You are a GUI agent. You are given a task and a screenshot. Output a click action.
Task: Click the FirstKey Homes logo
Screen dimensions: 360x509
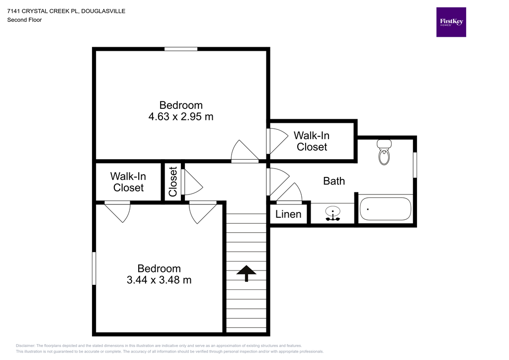pos(451,22)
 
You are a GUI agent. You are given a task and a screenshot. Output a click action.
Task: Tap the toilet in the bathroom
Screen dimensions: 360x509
pos(384,152)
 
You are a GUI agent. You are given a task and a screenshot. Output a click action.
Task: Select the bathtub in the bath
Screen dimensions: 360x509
pos(385,209)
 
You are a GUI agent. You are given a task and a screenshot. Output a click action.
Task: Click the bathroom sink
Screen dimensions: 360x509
pos(333,213)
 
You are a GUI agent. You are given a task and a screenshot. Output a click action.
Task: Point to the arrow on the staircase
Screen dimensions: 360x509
pos(246,272)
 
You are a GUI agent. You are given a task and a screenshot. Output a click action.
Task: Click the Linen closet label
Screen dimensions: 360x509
pos(288,214)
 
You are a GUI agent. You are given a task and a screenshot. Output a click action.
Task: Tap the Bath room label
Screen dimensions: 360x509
pos(334,181)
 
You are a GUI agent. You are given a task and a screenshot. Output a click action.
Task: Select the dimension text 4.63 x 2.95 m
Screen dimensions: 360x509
pos(181,117)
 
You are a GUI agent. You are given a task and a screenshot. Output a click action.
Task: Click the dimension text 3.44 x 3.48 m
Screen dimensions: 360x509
pos(159,280)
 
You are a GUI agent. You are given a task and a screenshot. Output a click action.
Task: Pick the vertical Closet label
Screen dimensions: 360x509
pos(173,181)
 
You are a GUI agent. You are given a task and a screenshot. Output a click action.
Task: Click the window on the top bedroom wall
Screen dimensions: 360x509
pos(181,49)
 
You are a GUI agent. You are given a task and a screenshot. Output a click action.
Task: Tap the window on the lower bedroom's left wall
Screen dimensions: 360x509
pos(94,269)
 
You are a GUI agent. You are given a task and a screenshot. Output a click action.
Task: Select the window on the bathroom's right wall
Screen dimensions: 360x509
pos(415,165)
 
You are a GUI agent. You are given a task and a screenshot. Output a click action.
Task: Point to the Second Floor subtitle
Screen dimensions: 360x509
pos(24,20)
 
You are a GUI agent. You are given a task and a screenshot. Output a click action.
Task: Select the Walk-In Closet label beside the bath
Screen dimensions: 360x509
pos(312,141)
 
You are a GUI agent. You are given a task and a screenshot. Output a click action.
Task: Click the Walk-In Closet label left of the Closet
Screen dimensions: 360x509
pos(128,182)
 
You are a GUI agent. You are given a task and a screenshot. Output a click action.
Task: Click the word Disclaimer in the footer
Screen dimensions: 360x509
pos(25,346)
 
